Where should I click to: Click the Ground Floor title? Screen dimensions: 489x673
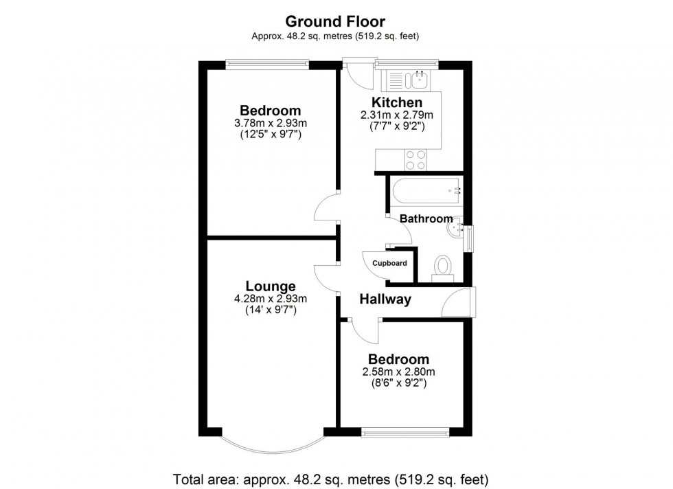336,22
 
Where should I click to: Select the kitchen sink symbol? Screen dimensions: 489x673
420,80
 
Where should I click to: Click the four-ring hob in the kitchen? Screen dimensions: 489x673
415,159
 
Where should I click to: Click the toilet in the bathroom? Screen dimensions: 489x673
443,266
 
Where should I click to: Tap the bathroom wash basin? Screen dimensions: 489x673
456,227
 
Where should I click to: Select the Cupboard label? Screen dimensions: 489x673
390,263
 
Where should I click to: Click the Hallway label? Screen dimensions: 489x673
386,299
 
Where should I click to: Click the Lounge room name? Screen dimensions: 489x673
271,286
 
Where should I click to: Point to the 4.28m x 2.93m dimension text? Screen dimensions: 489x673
271,299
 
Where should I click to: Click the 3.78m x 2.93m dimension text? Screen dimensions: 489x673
271,123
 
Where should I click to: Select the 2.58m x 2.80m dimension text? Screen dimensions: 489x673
399,372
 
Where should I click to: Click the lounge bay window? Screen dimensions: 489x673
271,446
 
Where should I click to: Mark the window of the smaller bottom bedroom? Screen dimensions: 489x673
405,433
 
